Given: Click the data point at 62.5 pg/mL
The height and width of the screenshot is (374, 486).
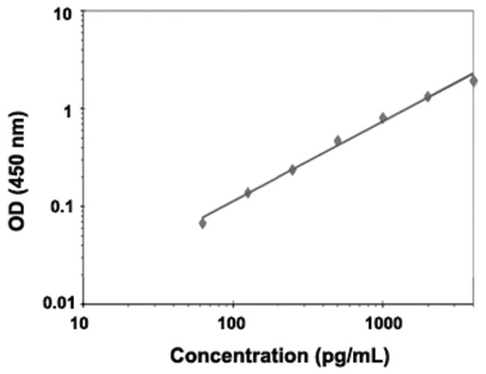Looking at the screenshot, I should pyautogui.click(x=203, y=223).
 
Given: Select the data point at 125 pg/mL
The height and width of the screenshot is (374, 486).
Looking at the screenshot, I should pyautogui.click(x=247, y=193).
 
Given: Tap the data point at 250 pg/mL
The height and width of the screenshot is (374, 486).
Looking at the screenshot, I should pyautogui.click(x=292, y=170).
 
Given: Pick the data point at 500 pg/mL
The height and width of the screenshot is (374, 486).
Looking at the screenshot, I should pyautogui.click(x=337, y=141).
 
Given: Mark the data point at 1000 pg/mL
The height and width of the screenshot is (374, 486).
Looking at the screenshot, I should pyautogui.click(x=383, y=117).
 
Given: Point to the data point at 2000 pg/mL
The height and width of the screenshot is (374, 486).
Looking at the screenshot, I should pyautogui.click(x=428, y=96).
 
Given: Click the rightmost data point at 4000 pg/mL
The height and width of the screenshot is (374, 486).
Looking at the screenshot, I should pyautogui.click(x=473, y=80).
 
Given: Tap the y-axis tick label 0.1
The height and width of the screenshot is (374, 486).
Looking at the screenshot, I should pyautogui.click(x=61, y=206).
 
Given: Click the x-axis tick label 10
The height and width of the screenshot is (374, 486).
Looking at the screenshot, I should pyautogui.click(x=82, y=323).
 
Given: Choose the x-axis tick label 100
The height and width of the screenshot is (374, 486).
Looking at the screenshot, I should pyautogui.click(x=233, y=323).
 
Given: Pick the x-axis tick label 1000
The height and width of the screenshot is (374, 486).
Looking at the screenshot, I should pyautogui.click(x=382, y=323).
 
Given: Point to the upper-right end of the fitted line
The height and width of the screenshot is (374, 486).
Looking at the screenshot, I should pyautogui.click(x=473, y=73).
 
